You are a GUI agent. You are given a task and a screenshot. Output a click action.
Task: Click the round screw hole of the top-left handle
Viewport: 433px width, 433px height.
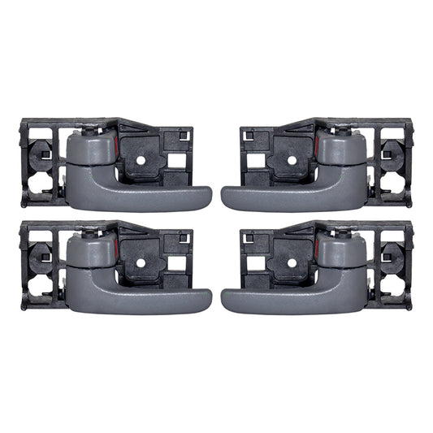tap(141, 160)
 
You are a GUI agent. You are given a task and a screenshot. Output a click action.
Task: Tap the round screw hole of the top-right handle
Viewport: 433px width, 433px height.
tap(292, 160)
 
